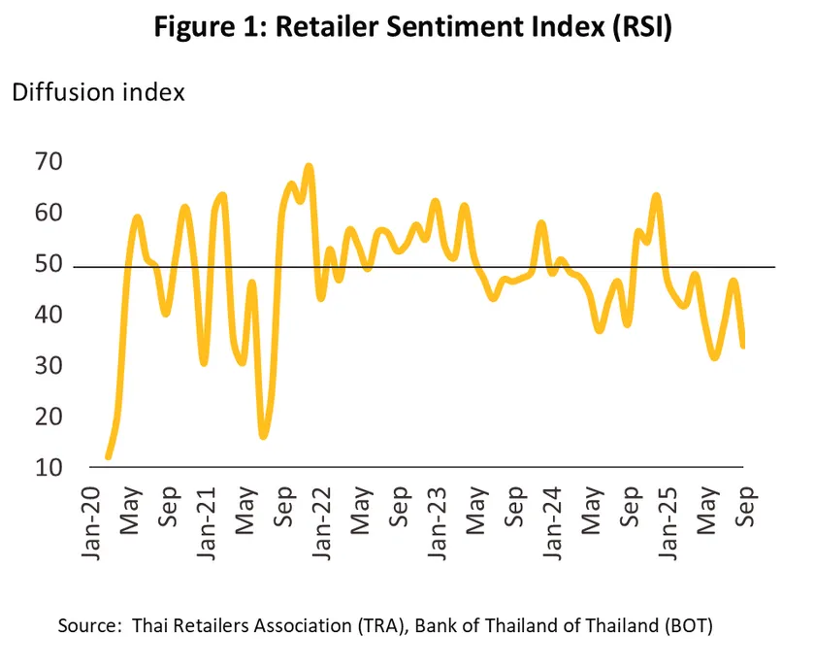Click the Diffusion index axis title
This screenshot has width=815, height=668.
tap(97, 93)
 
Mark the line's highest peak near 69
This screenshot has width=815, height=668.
tap(309, 166)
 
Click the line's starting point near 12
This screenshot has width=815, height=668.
tap(108, 456)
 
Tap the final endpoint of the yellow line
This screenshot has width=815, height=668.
tap(743, 346)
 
